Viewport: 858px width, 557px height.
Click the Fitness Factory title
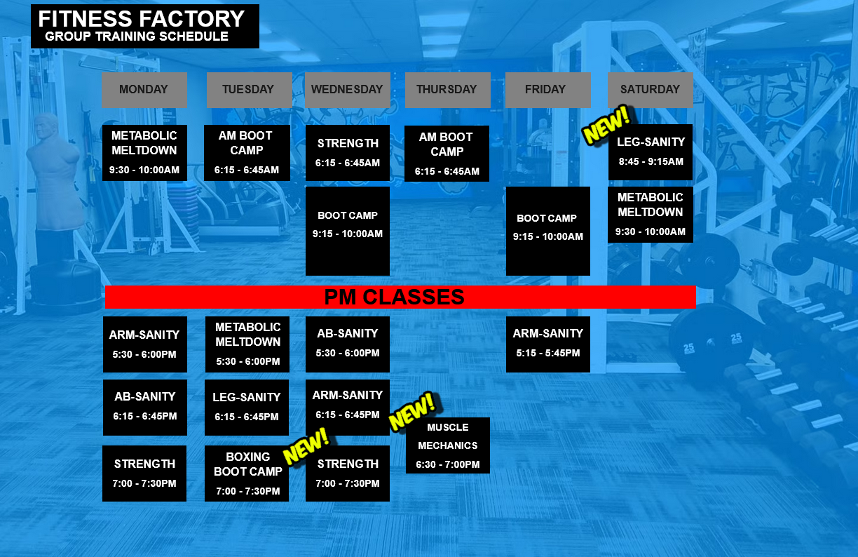click(142, 19)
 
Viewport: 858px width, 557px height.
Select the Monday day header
click(144, 89)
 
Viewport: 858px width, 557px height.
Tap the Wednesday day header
click(347, 89)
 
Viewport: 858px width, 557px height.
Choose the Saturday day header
click(650, 89)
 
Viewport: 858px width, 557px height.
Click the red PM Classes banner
click(400, 297)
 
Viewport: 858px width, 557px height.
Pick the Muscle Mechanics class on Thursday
click(447, 445)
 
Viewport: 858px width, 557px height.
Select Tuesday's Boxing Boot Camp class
click(247, 474)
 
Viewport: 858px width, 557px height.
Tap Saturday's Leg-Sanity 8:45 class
click(651, 152)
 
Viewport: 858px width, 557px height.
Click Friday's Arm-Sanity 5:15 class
click(547, 344)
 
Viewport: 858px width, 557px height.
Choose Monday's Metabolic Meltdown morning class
click(144, 152)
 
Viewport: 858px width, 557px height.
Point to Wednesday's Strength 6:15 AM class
click(348, 152)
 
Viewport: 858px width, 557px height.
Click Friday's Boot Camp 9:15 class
click(547, 230)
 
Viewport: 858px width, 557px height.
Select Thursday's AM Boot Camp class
click(447, 154)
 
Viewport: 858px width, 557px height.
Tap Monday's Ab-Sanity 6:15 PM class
click(144, 407)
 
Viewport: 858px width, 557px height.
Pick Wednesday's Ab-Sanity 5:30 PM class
click(347, 344)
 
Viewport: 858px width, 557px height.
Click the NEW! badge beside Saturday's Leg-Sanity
click(606, 125)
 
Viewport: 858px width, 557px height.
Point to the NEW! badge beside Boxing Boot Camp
click(306, 446)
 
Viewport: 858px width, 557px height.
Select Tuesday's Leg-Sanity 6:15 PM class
click(246, 407)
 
